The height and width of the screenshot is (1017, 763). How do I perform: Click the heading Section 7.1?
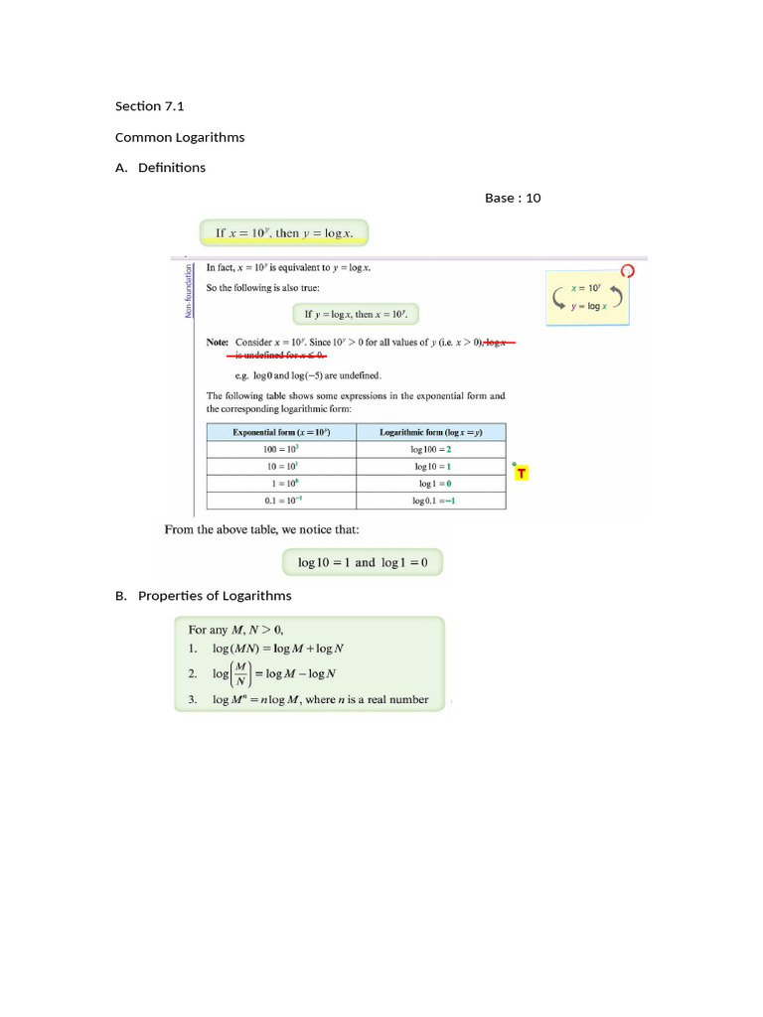point(149,106)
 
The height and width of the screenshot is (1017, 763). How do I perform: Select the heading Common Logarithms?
point(180,137)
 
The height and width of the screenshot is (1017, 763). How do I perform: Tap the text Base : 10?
point(513,198)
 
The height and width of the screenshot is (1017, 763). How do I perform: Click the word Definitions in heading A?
point(172,168)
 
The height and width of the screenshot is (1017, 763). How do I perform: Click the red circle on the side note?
point(627,270)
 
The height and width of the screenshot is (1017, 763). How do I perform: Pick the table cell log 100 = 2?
point(432,450)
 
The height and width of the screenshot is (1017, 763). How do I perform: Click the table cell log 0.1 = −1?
point(432,501)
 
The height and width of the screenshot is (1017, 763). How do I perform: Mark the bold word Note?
point(217,342)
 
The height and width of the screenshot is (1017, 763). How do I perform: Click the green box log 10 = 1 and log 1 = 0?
point(363,562)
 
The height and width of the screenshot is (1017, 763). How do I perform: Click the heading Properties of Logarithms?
point(215,596)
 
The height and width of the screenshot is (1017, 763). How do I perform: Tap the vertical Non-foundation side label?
point(187,291)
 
